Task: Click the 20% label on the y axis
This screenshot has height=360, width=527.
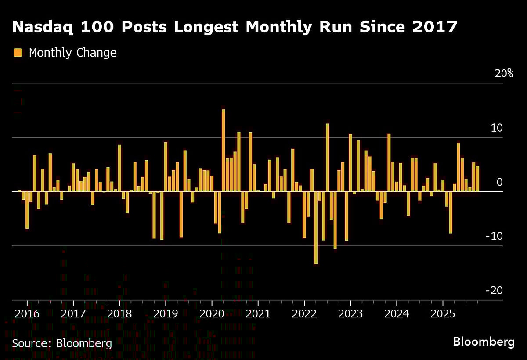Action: pos(503,74)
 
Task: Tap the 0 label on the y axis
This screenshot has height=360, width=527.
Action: pos(499,182)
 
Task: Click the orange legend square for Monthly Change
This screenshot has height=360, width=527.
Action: pos(18,53)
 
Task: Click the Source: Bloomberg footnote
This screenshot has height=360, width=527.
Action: pos(61,343)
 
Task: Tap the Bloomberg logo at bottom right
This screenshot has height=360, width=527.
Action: pos(484,342)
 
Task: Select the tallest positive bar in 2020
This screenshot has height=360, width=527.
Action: pos(223,150)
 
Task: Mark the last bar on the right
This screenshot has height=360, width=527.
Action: pos(477,179)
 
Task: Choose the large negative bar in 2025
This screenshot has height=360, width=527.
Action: pos(451,212)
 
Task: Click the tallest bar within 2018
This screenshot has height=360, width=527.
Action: pos(119,168)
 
